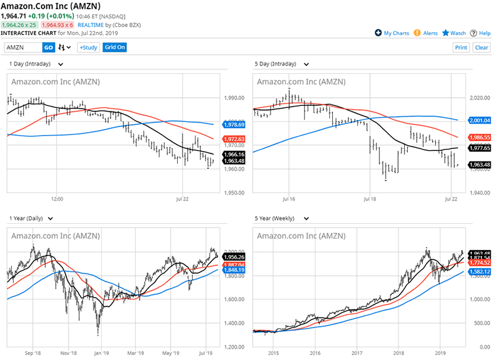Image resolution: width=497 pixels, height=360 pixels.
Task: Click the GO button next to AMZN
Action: [x=49, y=48]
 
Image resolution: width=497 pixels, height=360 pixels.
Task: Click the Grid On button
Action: [x=115, y=48]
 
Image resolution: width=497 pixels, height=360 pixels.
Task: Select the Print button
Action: [x=461, y=48]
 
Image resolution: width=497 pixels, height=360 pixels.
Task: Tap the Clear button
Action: [x=481, y=48]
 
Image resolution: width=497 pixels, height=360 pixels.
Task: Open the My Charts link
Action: [x=392, y=33]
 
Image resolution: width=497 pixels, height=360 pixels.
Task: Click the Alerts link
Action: [x=426, y=33]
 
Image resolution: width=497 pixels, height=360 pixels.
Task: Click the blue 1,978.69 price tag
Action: [x=234, y=124]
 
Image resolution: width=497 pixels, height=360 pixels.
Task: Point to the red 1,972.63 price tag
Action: [x=234, y=139]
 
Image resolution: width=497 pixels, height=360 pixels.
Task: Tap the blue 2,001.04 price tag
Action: [x=480, y=120]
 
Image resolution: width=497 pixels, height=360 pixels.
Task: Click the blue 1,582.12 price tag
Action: [x=480, y=271]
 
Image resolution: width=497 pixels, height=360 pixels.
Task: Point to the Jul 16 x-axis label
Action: [x=289, y=198]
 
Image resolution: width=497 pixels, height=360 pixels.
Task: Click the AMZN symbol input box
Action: [x=23, y=48]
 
